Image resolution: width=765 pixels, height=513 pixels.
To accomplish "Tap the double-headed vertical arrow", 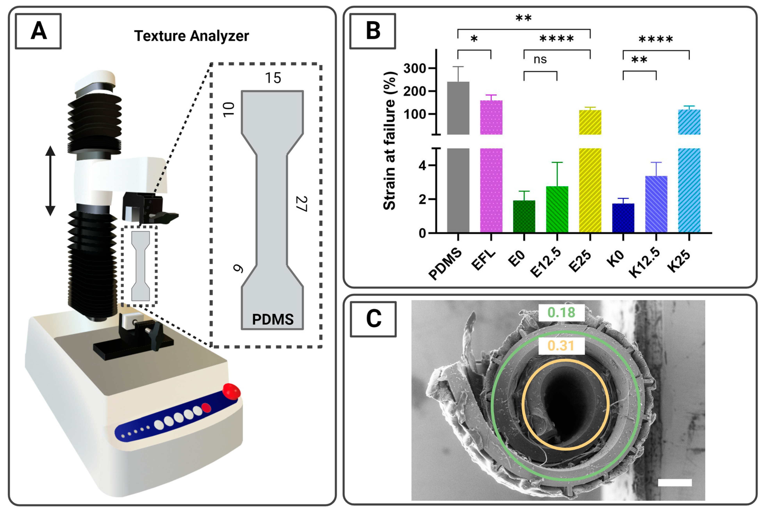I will [50, 181].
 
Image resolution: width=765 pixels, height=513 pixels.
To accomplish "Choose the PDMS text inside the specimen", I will [273, 319].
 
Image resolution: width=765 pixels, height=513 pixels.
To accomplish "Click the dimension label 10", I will [229, 109].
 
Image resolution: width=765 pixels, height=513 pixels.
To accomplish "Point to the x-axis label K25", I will [679, 261].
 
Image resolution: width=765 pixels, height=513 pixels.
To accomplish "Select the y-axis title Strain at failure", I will [390, 141].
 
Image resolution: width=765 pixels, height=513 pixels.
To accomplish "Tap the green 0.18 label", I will [561, 313].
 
